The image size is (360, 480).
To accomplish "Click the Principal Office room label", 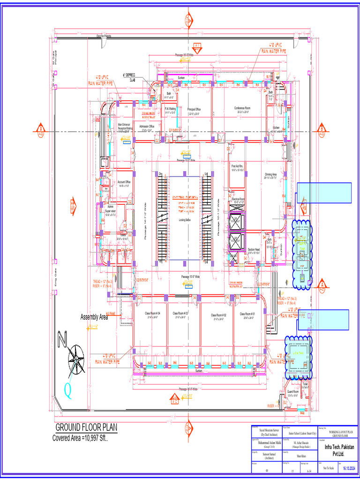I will tap(194, 109).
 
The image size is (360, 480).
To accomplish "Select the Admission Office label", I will tap(147, 126).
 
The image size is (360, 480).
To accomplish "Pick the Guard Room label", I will tap(293, 391).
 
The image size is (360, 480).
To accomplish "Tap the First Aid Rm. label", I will tap(239, 166).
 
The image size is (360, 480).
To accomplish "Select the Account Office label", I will tap(124, 182).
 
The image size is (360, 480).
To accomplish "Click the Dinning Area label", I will tap(271, 174).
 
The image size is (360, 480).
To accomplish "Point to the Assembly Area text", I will tap(94, 317).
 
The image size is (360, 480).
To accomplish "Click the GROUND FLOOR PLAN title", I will tap(86, 427).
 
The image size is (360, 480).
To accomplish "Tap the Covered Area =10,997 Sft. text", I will tap(83, 438).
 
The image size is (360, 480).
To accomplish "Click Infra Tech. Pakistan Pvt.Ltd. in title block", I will tap(340, 450).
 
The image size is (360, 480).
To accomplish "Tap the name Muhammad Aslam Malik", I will tap(266, 442).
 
